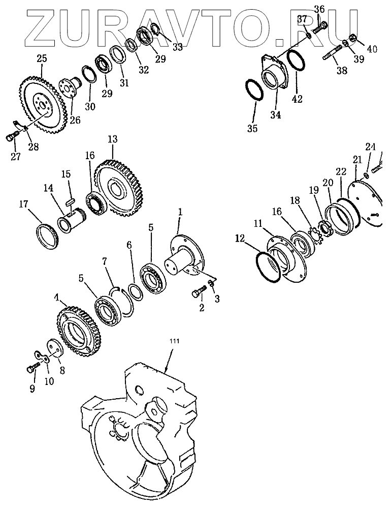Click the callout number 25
pyautogui.click(x=42, y=58)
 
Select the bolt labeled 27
pyautogui.click(x=11, y=136)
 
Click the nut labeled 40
pyautogui.click(x=352, y=38)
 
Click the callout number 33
pyautogui.click(x=177, y=47)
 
